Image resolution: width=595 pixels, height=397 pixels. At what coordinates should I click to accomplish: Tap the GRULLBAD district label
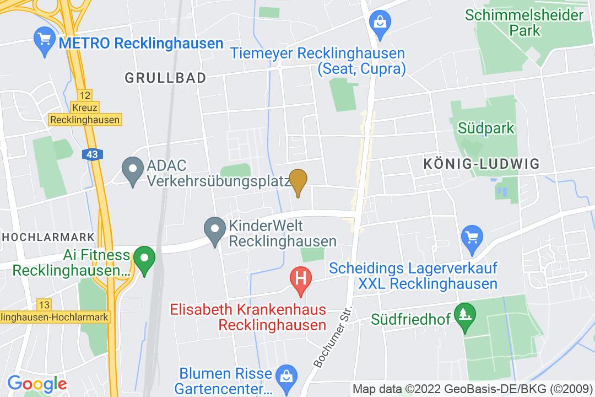point(165,78)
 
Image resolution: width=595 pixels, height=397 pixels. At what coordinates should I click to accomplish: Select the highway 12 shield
point(84,95)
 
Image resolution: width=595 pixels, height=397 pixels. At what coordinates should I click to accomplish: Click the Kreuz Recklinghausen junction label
point(84,114)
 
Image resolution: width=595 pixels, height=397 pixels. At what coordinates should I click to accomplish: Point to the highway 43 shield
point(92,155)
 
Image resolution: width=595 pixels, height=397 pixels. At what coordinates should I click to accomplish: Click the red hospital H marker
point(301,277)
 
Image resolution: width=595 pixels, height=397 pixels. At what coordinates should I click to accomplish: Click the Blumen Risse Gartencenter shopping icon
point(286,375)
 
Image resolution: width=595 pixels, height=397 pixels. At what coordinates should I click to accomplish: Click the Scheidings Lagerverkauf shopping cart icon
point(472,237)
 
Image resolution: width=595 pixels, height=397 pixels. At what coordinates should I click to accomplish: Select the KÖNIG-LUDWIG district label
point(482,164)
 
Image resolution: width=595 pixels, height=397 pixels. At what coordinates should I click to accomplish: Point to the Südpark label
point(486,128)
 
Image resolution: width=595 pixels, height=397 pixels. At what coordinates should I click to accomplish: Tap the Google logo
point(37,383)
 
